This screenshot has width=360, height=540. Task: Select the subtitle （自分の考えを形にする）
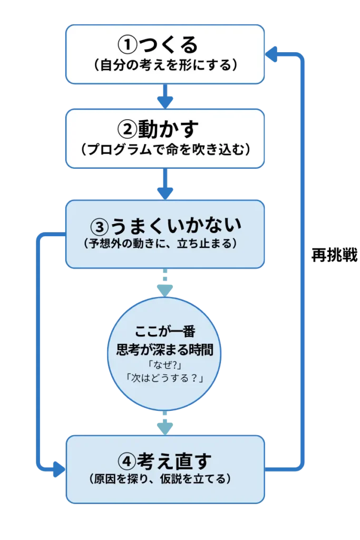pyautogui.click(x=165, y=66)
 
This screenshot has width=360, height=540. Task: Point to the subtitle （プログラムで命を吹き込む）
pyautogui.click(x=165, y=150)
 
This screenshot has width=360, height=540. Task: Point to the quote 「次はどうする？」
pyautogui.click(x=165, y=378)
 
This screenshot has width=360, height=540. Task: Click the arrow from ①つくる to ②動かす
pyautogui.click(x=165, y=97)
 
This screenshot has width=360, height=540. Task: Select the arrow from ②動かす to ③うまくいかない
pyautogui.click(x=165, y=187)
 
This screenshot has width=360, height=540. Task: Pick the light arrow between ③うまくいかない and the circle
pyautogui.click(x=165, y=285)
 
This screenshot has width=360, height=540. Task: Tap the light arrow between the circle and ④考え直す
pyautogui.click(x=165, y=425)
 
